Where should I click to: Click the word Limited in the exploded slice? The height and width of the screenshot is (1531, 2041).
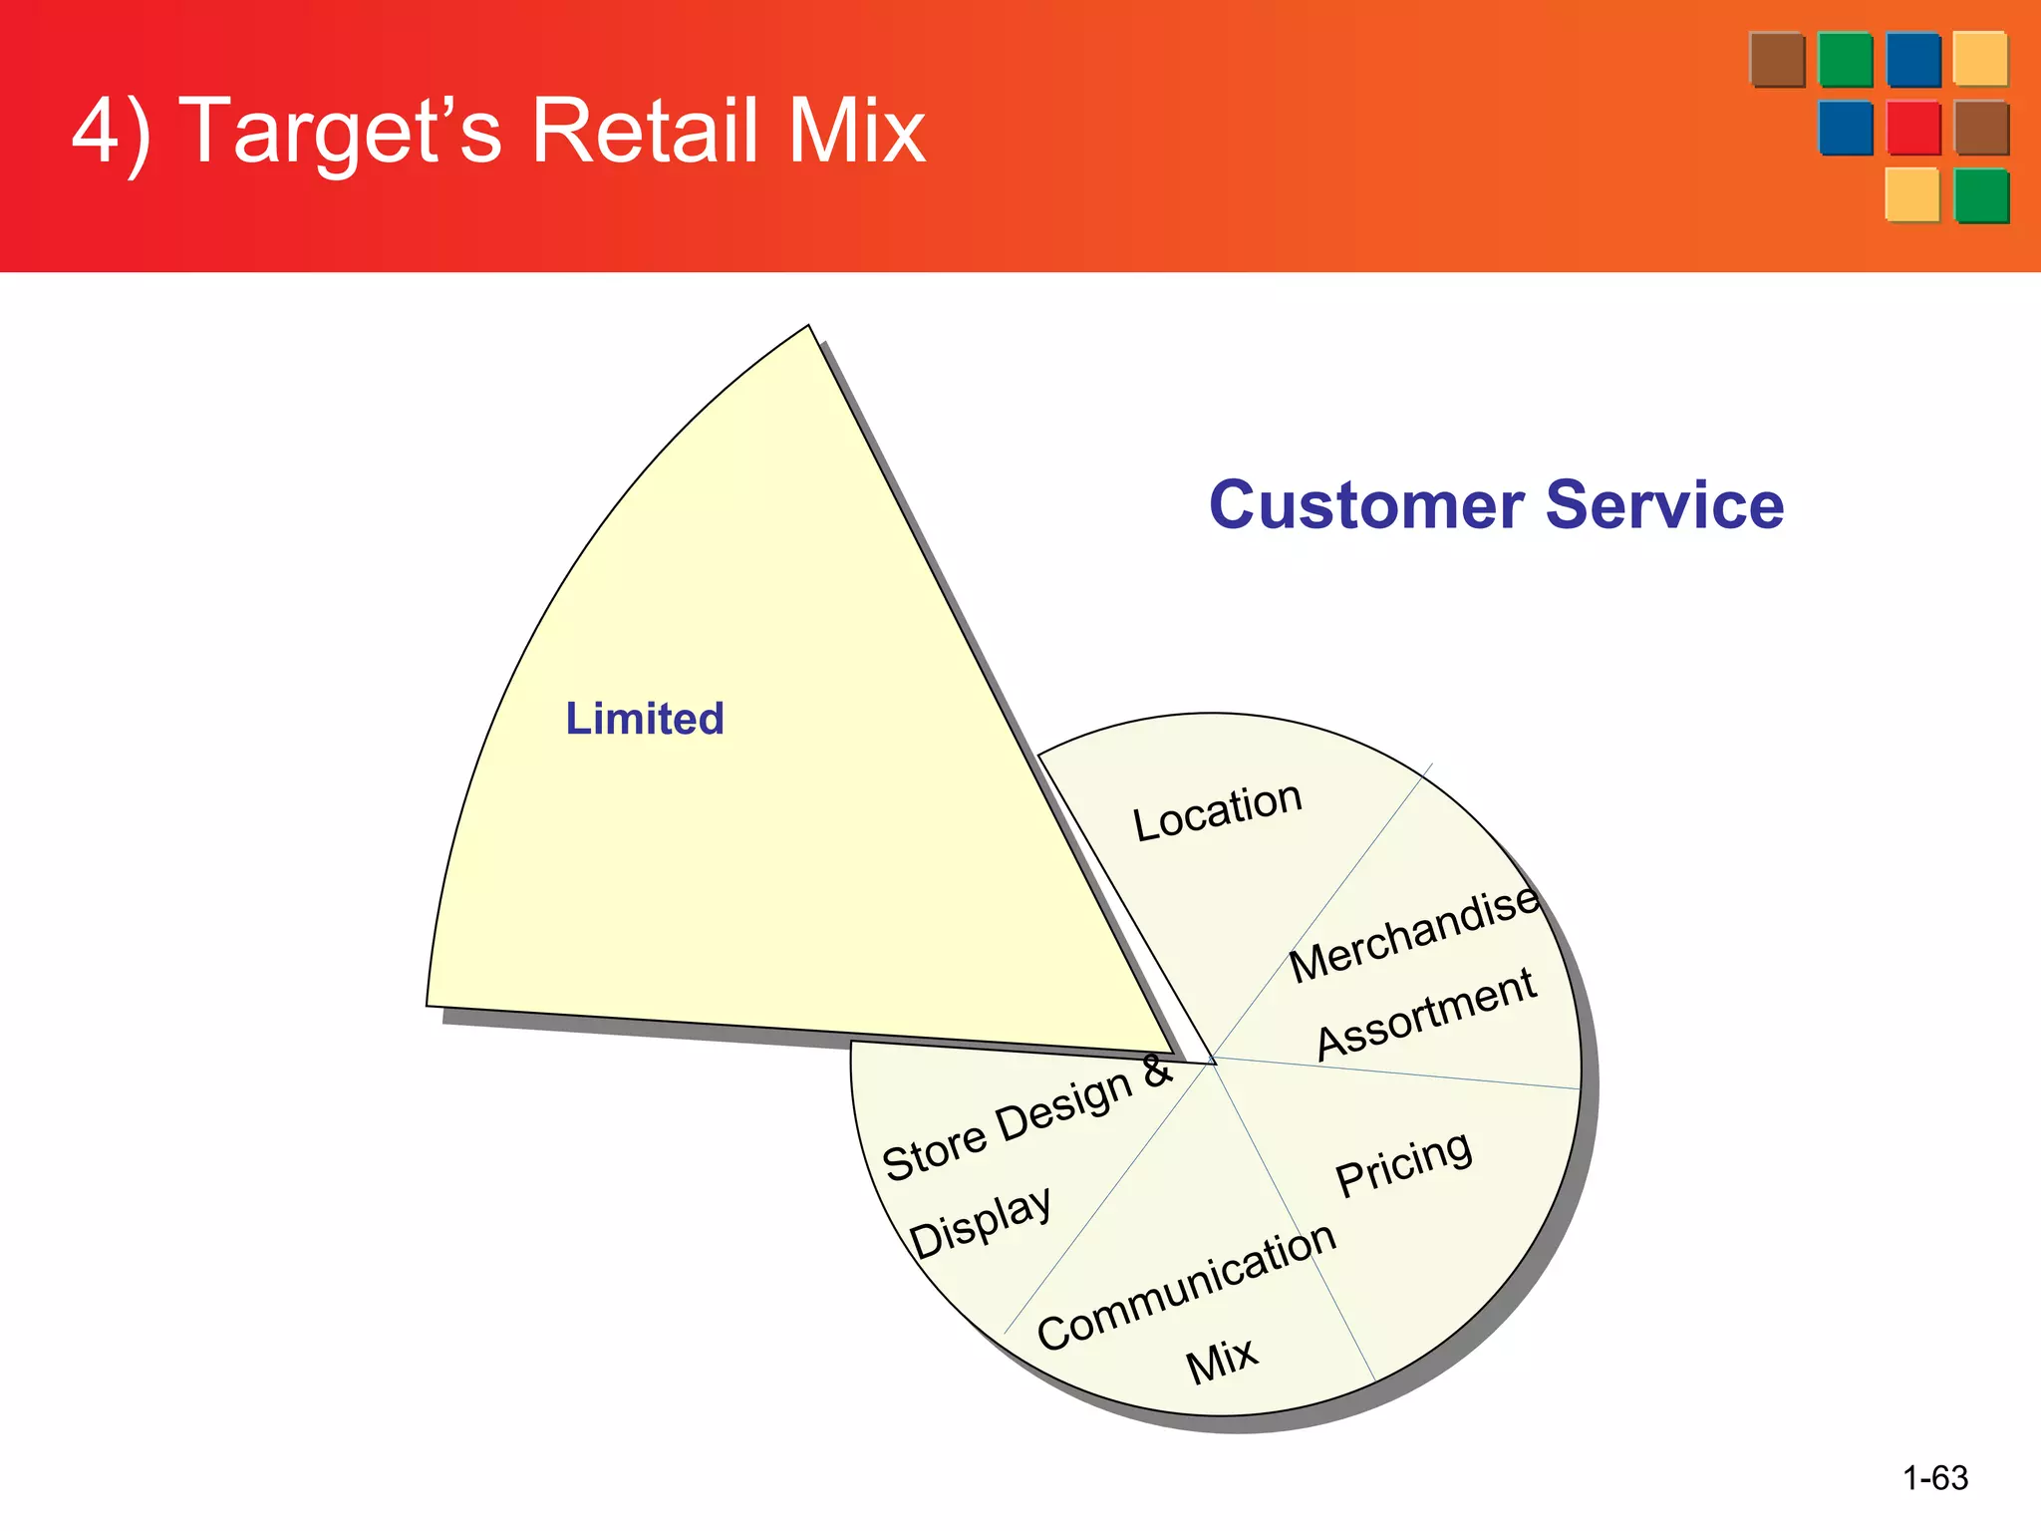pyautogui.click(x=645, y=719)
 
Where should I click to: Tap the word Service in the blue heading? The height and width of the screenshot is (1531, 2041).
pyautogui.click(x=1664, y=505)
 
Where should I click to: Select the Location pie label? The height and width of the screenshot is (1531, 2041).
pyautogui.click(x=1218, y=810)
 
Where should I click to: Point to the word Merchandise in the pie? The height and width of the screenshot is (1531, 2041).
pyautogui.click(x=1414, y=934)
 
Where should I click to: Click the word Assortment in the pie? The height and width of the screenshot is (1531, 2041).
pyautogui.click(x=1426, y=1014)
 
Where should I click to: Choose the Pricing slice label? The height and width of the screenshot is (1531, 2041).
pyautogui.click(x=1403, y=1163)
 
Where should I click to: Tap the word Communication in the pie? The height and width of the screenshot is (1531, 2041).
pyautogui.click(x=1186, y=1287)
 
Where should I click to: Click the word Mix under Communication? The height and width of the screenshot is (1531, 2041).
pyautogui.click(x=1222, y=1359)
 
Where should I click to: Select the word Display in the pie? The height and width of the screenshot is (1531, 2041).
pyautogui.click(x=981, y=1222)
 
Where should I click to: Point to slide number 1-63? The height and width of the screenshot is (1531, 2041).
pyautogui.click(x=1934, y=1477)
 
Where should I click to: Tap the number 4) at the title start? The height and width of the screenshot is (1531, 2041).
pyautogui.click(x=112, y=133)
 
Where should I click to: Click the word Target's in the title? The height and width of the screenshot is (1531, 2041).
pyautogui.click(x=345, y=133)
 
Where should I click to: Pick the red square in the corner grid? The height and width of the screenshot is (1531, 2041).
pyautogui.click(x=1912, y=128)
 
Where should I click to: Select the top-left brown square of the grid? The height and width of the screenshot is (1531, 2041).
pyautogui.click(x=1777, y=60)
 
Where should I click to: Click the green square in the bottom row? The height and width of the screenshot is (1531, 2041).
pyautogui.click(x=1980, y=195)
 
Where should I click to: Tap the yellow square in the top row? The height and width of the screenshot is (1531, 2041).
pyautogui.click(x=1979, y=59)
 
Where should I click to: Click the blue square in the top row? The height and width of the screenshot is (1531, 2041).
pyautogui.click(x=1912, y=60)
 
